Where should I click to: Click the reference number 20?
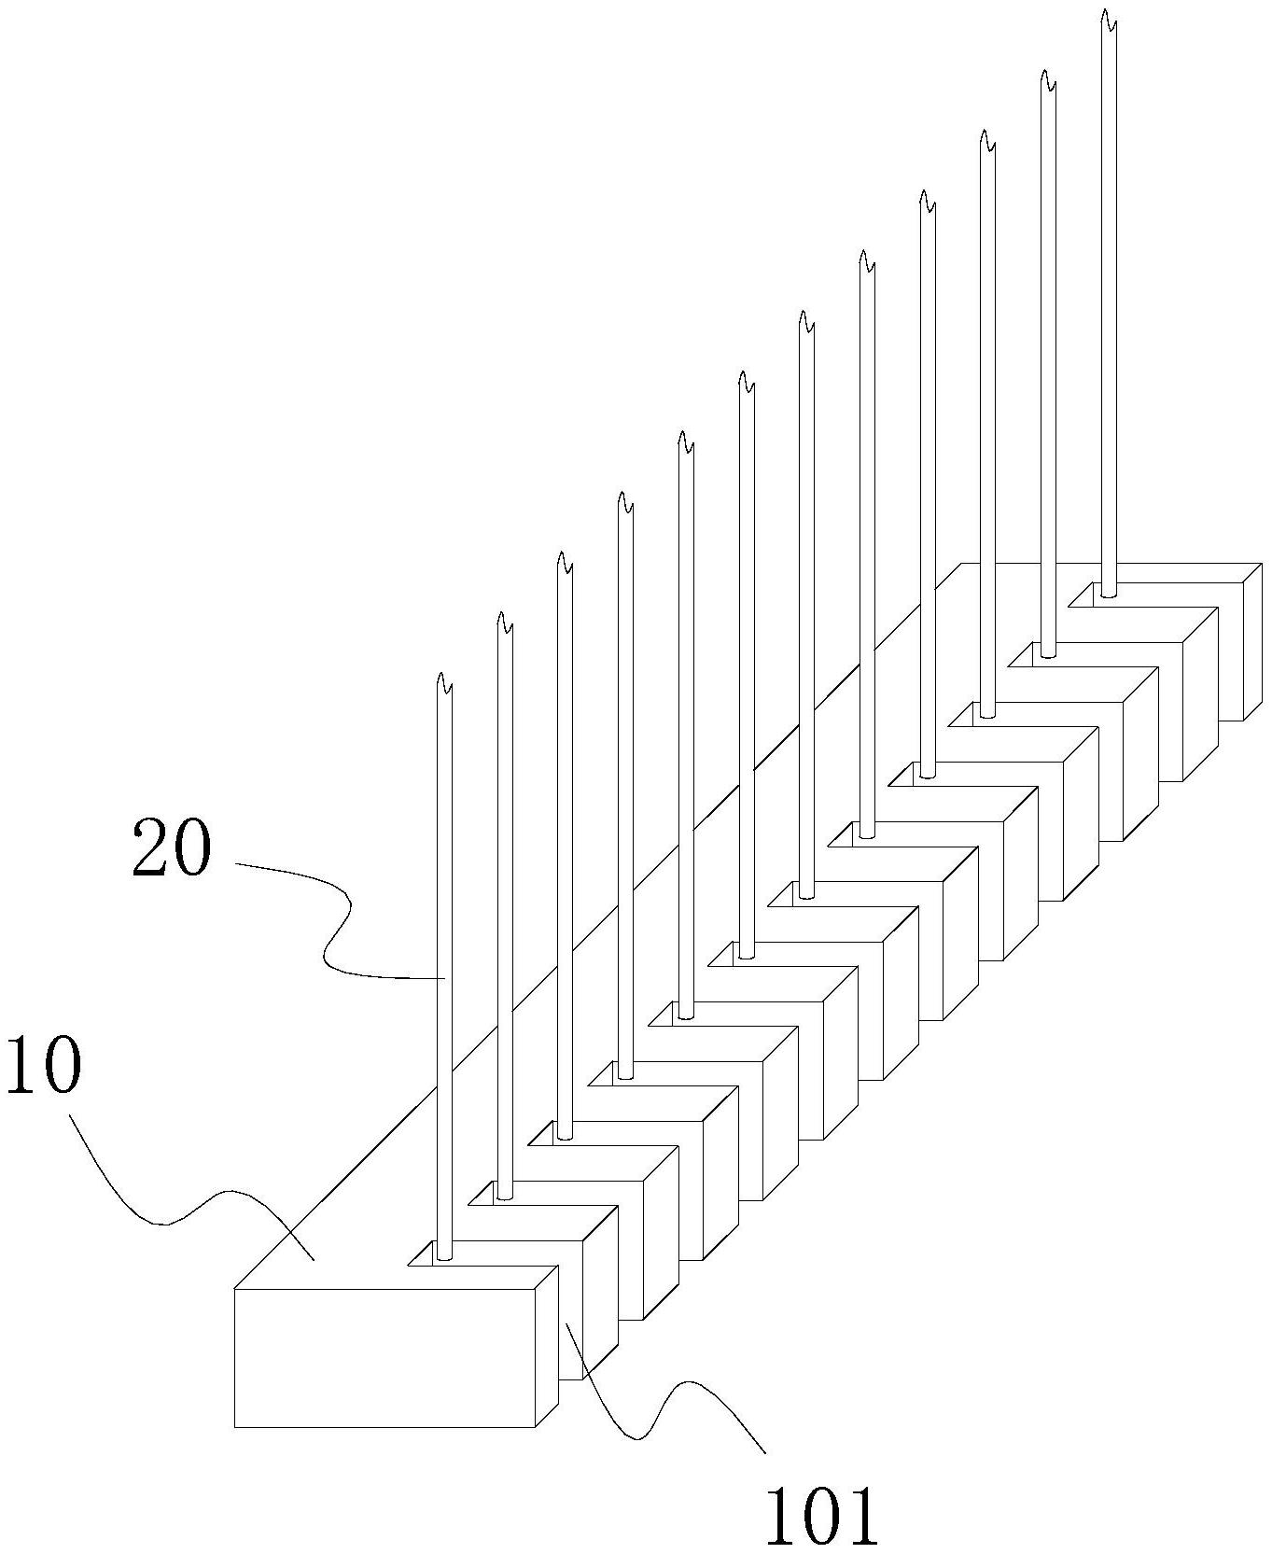[x=172, y=847]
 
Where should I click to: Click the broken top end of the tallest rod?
[x=1108, y=21]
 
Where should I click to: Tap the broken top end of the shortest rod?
[x=444, y=683]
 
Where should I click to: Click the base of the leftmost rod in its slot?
[x=444, y=1255]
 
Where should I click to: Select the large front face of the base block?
[x=384, y=1358]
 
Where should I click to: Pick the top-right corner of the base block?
[x=1262, y=564]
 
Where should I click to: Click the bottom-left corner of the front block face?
[x=234, y=1427]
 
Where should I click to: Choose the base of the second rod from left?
[x=504, y=1194]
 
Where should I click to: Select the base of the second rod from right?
[x=1048, y=652]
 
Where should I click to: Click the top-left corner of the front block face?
[x=234, y=1290]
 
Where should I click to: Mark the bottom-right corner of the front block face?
[x=536, y=1427]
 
